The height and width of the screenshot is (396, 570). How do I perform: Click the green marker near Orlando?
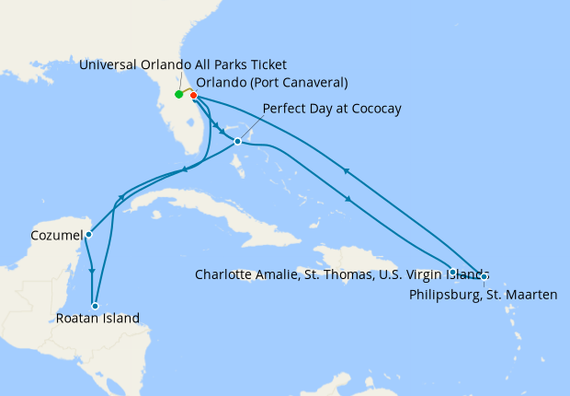click(x=178, y=94)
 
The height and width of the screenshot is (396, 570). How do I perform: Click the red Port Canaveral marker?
click(x=193, y=95)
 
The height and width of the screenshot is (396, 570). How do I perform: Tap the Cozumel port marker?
click(x=88, y=235)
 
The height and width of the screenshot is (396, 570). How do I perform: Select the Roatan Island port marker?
click(x=95, y=306)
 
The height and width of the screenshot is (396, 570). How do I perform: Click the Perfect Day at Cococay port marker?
click(x=237, y=141)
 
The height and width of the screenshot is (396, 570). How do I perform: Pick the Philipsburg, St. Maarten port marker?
click(x=484, y=276)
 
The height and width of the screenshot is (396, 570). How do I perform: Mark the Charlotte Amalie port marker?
click(x=453, y=272)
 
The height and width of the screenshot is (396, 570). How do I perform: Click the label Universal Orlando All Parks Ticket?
click(x=183, y=64)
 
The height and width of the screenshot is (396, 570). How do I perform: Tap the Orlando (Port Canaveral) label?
click(x=272, y=82)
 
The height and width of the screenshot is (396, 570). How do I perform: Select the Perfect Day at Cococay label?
click(x=332, y=109)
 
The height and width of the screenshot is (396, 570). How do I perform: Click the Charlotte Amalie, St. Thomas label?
click(x=342, y=274)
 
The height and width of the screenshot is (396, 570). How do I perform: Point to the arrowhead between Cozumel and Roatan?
click(x=92, y=271)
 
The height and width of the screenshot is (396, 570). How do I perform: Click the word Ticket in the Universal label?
click(x=268, y=64)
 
